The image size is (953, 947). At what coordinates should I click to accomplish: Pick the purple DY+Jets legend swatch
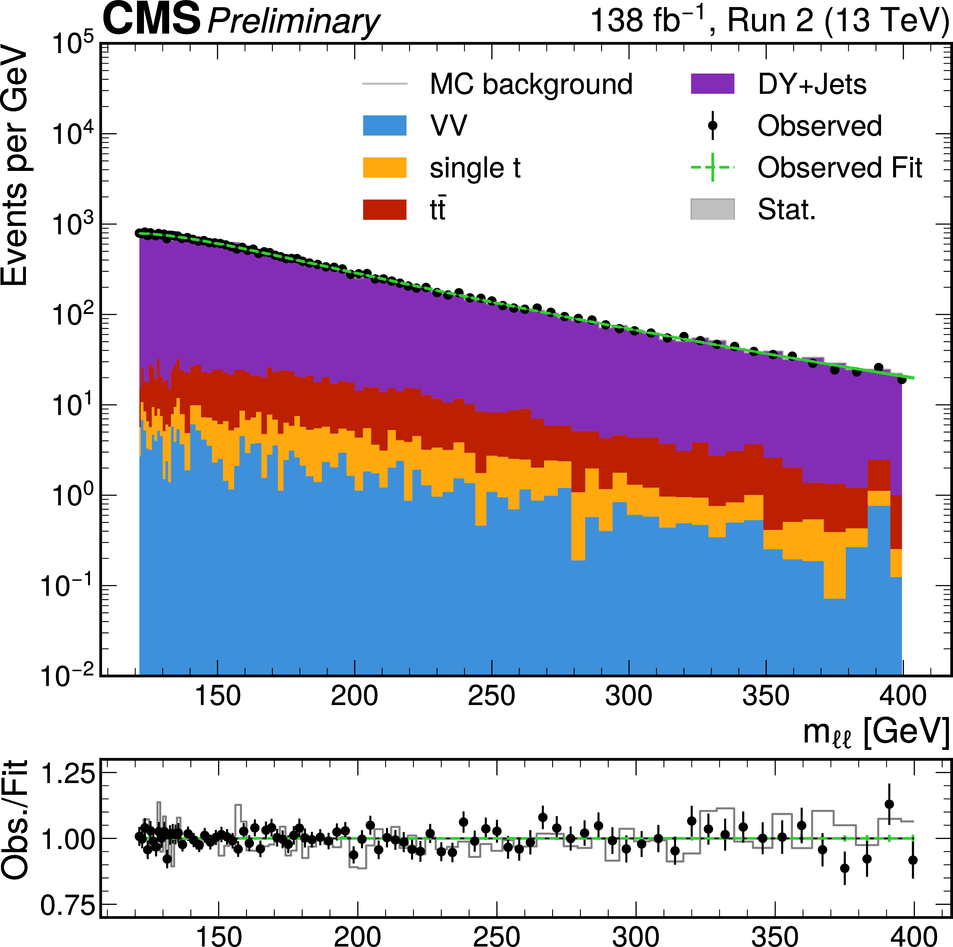(x=712, y=84)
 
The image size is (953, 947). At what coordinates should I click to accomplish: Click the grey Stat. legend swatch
(x=712, y=209)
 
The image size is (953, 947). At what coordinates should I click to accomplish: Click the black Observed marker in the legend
(x=712, y=125)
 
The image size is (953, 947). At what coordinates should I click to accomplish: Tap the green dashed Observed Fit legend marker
(x=712, y=167)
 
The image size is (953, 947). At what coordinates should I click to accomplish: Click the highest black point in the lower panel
(x=889, y=804)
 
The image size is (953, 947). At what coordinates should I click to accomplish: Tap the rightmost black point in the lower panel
(x=913, y=860)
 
